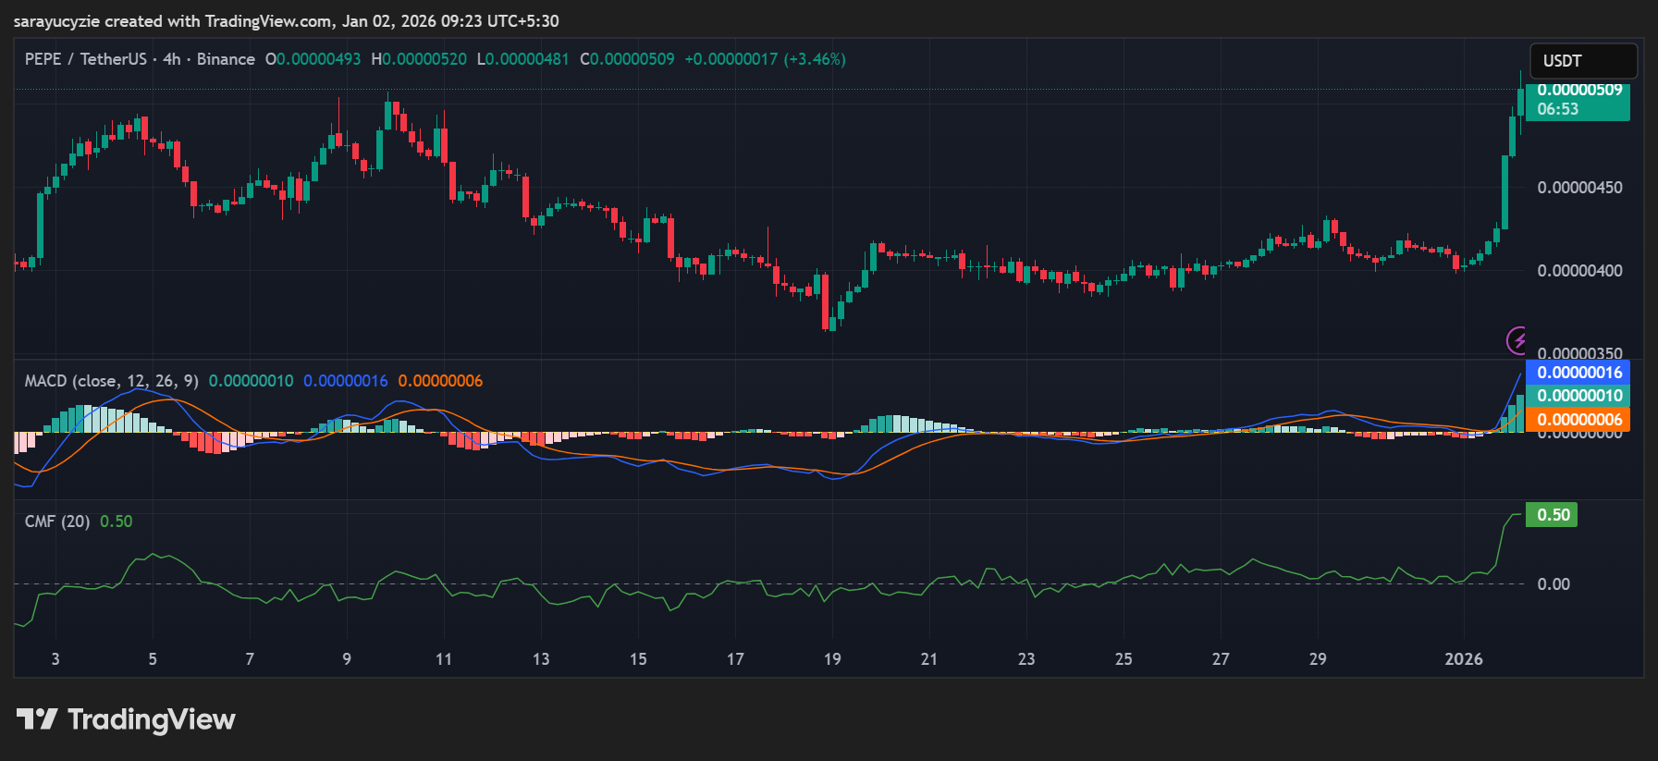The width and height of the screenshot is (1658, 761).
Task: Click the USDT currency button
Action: pyautogui.click(x=1582, y=61)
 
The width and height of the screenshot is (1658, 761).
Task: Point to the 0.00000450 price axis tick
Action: pyautogui.click(x=1579, y=188)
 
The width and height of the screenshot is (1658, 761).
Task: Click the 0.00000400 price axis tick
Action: pyautogui.click(x=1579, y=271)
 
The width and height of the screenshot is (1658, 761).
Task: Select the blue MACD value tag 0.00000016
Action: pyautogui.click(x=1579, y=373)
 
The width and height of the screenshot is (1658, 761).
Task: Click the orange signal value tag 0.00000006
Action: pyautogui.click(x=1579, y=420)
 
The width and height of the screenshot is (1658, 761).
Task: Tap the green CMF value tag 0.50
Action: pyautogui.click(x=1553, y=515)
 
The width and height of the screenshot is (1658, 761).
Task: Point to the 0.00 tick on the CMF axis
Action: pyautogui.click(x=1554, y=584)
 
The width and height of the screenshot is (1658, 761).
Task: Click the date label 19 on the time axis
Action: pyautogui.click(x=832, y=659)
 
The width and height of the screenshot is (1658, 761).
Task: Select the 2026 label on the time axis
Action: pyautogui.click(x=1464, y=659)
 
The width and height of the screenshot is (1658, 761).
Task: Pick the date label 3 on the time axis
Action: pyautogui.click(x=55, y=659)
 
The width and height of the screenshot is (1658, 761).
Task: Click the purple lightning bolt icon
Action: pyautogui.click(x=1517, y=340)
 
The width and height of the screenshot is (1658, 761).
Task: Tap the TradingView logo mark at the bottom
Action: pyautogui.click(x=37, y=719)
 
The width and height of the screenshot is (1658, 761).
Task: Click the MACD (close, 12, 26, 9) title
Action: pyautogui.click(x=111, y=381)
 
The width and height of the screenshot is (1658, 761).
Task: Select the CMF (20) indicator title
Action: pyautogui.click(x=57, y=522)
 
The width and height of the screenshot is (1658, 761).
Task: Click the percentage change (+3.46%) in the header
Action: pyautogui.click(x=815, y=59)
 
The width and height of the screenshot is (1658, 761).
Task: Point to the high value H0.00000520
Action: pyautogui.click(x=419, y=59)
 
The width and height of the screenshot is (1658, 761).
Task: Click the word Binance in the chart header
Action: pyautogui.click(x=226, y=59)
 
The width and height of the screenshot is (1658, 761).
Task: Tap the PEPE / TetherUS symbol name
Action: pyautogui.click(x=85, y=59)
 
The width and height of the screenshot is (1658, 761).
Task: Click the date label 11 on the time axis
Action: pyautogui.click(x=444, y=659)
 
